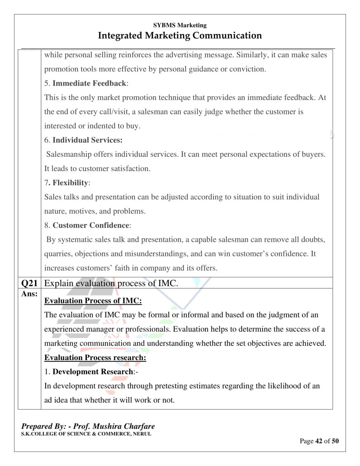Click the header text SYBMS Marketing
pos(180,25)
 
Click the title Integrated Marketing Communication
pos(180,35)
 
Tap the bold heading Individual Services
pos(87,140)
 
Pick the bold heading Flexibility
pos(70,183)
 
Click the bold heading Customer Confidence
pos(91,225)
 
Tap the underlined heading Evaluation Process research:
pos(95,357)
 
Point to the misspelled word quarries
pos(58,254)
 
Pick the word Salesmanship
pos(71,154)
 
